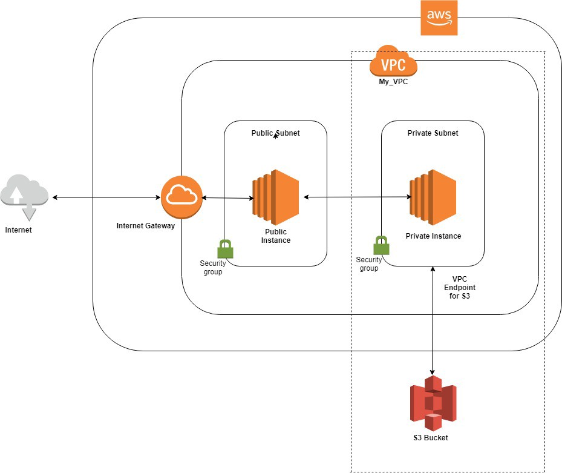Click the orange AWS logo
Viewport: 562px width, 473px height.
click(x=439, y=18)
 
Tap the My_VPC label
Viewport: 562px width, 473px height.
click(x=393, y=82)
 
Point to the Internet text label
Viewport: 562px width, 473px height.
click(x=19, y=230)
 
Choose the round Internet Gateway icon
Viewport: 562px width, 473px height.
click(x=181, y=197)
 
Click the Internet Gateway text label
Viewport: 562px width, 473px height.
click(x=145, y=226)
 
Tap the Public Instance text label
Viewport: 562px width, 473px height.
click(x=276, y=236)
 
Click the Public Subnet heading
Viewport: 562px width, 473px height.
click(x=275, y=133)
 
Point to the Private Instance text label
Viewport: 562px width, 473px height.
click(x=433, y=236)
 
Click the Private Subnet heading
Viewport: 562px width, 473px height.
click(x=433, y=133)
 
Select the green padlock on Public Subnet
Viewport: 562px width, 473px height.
click(x=225, y=248)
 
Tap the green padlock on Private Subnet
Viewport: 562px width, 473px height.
click(x=381, y=245)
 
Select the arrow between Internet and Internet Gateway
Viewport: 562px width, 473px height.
click(x=106, y=197)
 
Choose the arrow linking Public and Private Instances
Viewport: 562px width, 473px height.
click(x=357, y=197)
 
